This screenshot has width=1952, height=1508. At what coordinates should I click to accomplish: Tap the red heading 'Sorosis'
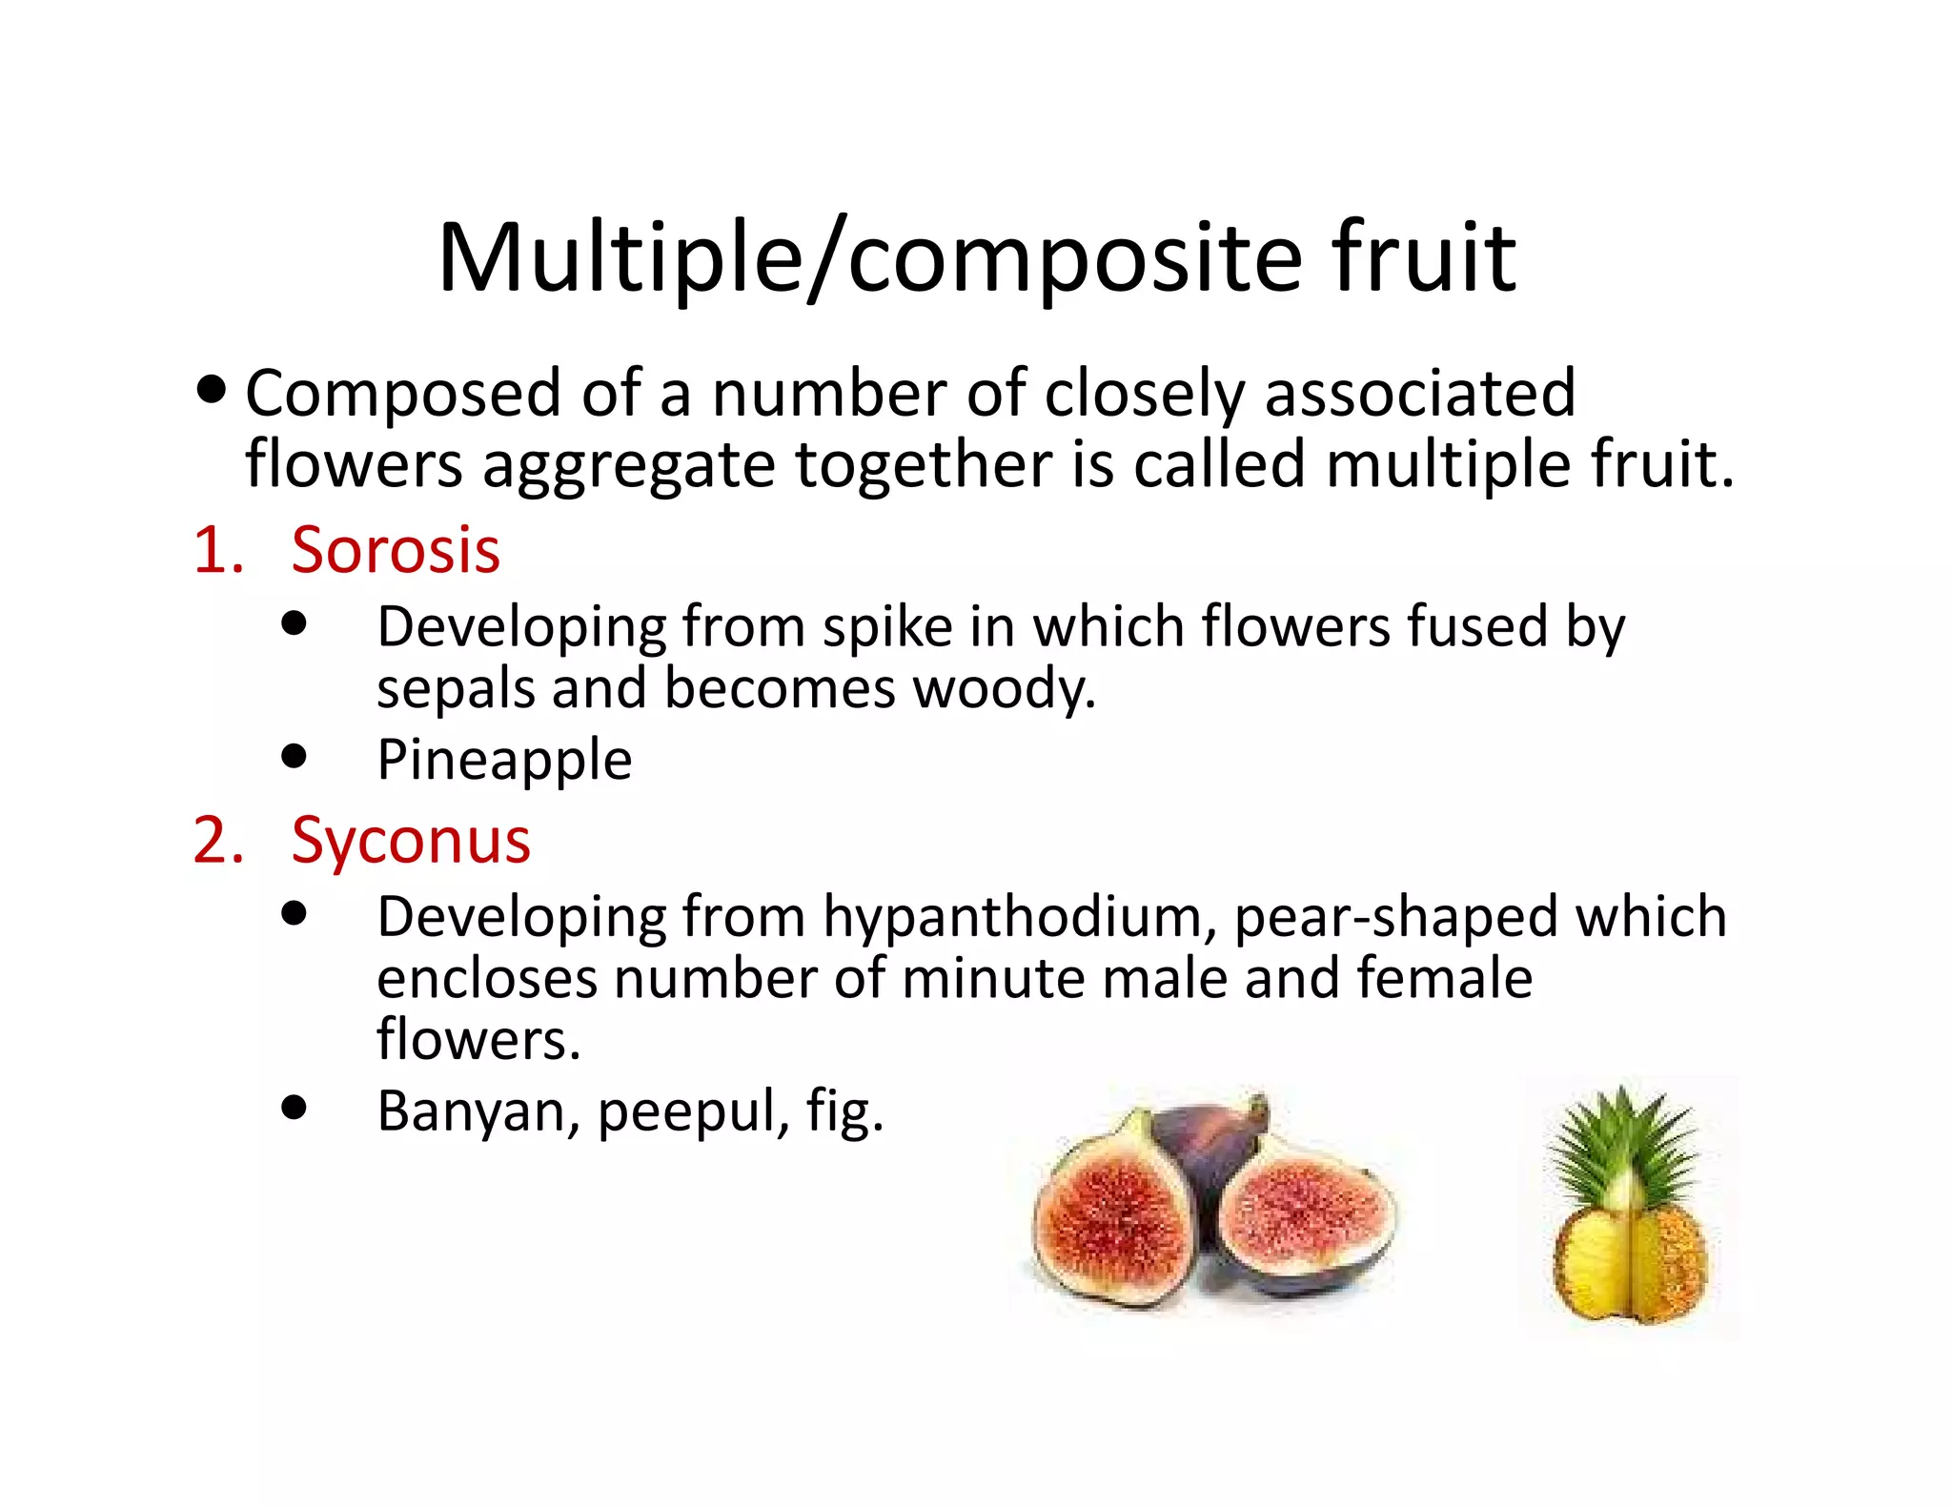tap(396, 551)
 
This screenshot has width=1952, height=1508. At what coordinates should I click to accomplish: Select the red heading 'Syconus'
tap(411, 841)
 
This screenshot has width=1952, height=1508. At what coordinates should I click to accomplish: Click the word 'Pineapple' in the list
tap(504, 760)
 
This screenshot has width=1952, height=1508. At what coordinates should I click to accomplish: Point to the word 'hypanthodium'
tap(1019, 918)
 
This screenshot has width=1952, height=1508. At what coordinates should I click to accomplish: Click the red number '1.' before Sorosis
tap(218, 551)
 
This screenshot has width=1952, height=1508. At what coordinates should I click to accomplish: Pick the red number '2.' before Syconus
tap(218, 841)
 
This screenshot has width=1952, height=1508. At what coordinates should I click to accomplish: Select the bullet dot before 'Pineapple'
tap(295, 757)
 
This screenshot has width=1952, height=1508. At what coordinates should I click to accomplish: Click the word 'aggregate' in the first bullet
tap(628, 466)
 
